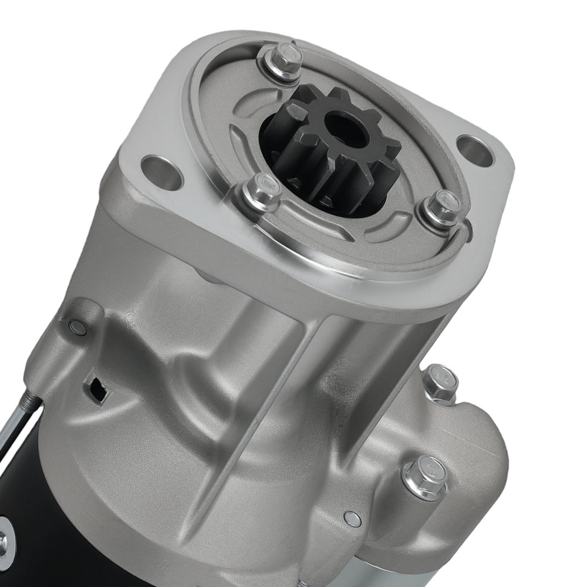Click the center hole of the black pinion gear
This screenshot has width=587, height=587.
click(x=346, y=130)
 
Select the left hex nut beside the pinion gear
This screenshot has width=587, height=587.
click(x=261, y=191)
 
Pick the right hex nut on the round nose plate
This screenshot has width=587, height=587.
click(x=440, y=206)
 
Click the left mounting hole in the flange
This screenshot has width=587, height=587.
click(x=161, y=171)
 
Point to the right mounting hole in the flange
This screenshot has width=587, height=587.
click(x=474, y=150)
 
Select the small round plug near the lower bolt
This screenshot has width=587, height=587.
click(x=352, y=518)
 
